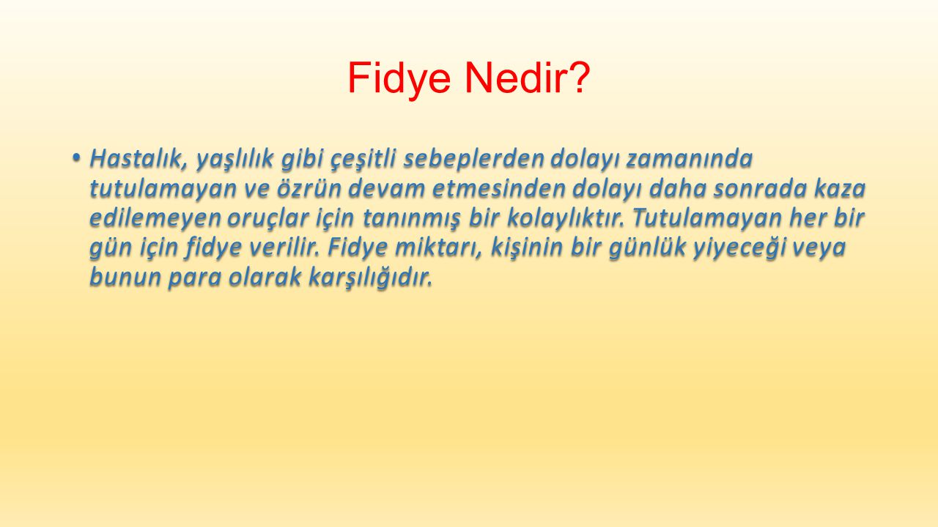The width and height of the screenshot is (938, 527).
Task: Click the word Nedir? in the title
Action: point(527,78)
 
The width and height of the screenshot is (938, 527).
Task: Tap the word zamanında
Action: point(690,159)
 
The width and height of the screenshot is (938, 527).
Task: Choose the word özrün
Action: point(309,189)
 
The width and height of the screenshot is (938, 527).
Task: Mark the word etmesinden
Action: point(498,189)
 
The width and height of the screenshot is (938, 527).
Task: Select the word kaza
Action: point(840,189)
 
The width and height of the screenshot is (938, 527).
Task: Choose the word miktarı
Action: point(439,247)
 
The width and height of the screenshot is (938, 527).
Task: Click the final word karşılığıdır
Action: point(370,277)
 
